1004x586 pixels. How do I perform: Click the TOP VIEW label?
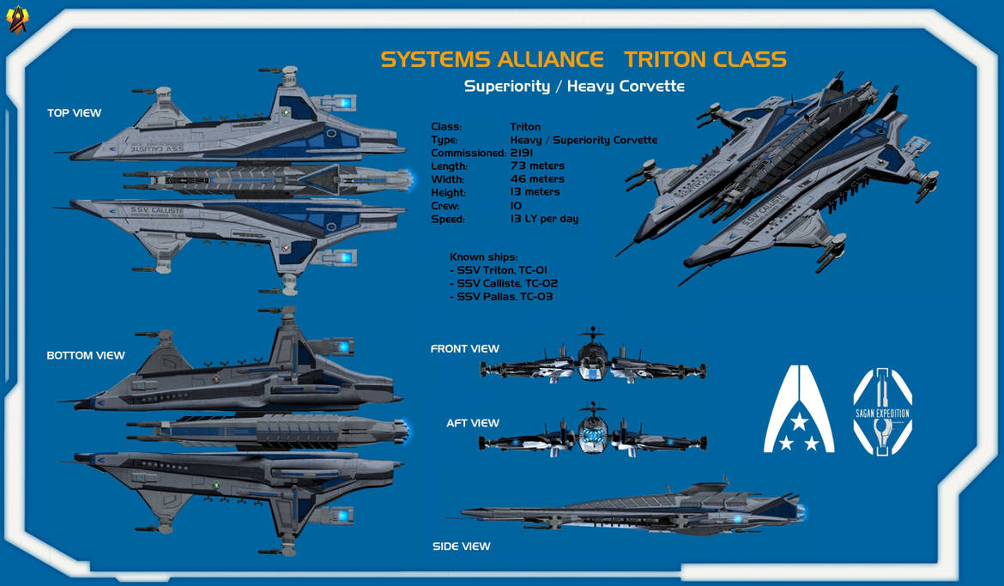click(x=74, y=112)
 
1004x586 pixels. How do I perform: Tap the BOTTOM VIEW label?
click(x=86, y=355)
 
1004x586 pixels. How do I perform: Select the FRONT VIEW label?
click(x=464, y=348)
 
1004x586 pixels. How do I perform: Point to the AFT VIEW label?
click(x=472, y=423)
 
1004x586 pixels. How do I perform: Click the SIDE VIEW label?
click(x=462, y=546)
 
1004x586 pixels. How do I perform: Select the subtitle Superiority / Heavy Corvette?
click(x=574, y=86)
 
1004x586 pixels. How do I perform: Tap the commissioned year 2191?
click(x=522, y=153)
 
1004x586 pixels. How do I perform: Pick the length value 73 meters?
click(x=537, y=166)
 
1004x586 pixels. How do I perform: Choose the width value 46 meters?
click(x=537, y=179)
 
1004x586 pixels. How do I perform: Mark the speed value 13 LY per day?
click(x=544, y=219)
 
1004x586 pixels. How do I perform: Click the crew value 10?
click(x=516, y=206)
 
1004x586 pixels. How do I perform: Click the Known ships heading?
click(x=484, y=257)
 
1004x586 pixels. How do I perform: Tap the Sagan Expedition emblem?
click(x=882, y=411)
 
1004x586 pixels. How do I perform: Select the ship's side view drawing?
click(x=633, y=508)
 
